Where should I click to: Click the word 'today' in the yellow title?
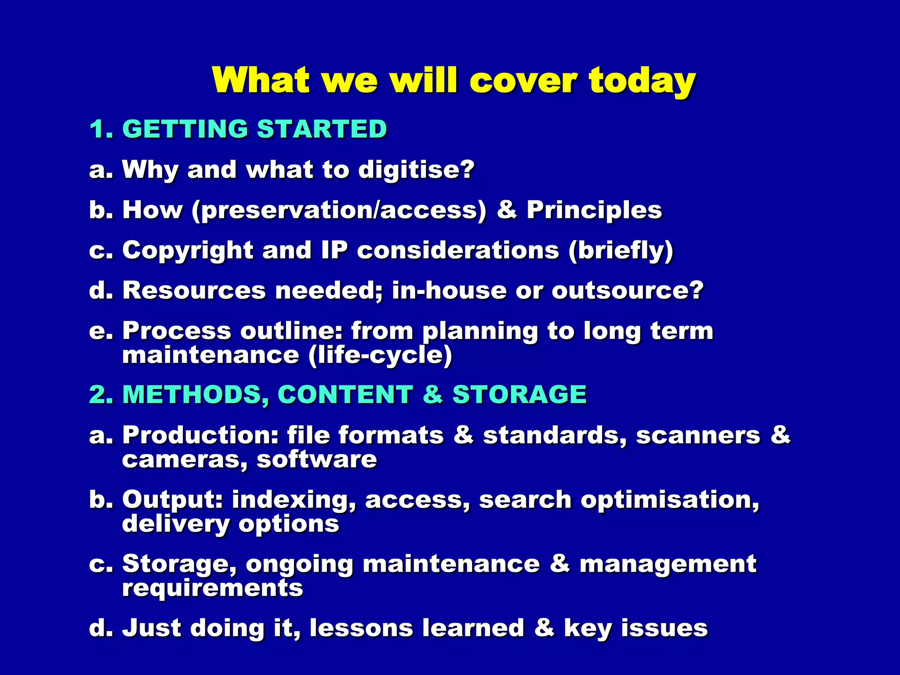point(642,81)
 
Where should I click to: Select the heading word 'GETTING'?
point(185,129)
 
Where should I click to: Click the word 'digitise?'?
point(416,170)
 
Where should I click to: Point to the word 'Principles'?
point(594,210)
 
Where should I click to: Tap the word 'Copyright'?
point(188,251)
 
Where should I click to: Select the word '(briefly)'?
point(621,251)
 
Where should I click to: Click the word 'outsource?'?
point(628,290)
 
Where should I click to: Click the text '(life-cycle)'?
point(380,355)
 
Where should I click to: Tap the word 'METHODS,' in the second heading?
point(196,395)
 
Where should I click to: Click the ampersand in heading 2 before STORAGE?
point(432,395)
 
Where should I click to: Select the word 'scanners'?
point(698,435)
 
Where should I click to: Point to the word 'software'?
point(316,460)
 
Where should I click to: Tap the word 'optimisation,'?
point(670,500)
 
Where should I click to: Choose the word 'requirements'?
point(213,588)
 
